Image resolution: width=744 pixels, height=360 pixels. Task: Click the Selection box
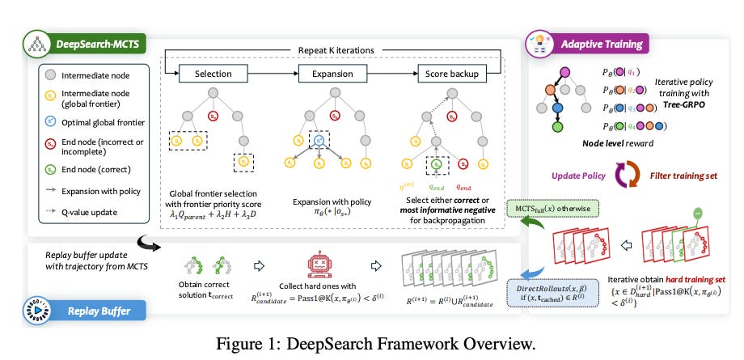(x=214, y=74)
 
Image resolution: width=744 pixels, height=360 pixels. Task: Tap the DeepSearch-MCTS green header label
(x=84, y=42)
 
